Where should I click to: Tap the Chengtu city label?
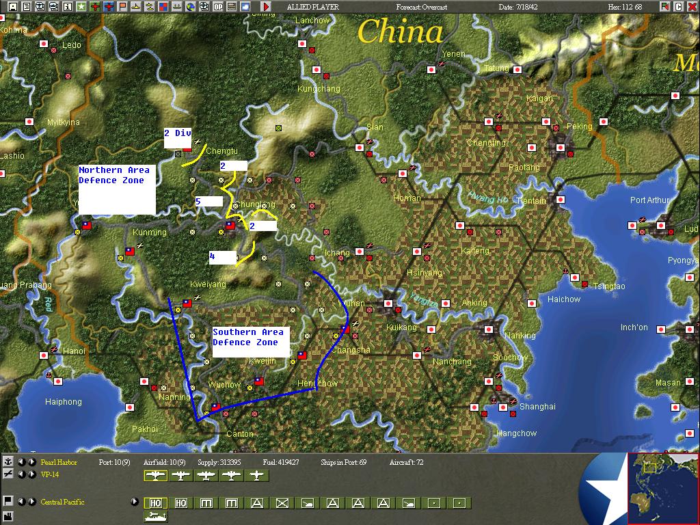221,150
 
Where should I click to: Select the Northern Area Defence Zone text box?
116,189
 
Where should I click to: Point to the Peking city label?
579,126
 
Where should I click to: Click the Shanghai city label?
537,406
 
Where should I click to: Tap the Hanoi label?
74,351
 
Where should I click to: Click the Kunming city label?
150,232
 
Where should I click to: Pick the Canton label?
239,433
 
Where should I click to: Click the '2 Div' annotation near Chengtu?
177,133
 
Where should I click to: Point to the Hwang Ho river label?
488,198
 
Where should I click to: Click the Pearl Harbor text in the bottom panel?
59,463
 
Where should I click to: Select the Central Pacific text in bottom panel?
62,502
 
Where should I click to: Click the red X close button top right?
691,7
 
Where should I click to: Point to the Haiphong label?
63,402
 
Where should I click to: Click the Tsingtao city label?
608,286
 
